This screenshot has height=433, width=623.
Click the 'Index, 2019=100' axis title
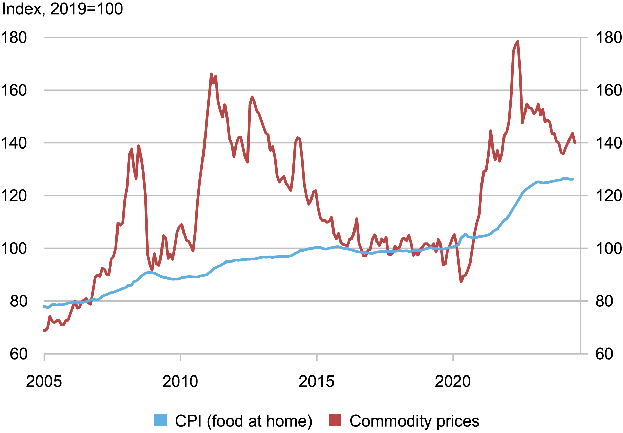click(x=62, y=9)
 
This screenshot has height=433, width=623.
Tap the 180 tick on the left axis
click(x=14, y=38)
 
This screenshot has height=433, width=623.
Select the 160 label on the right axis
click(x=608, y=90)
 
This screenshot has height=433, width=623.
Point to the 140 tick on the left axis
click(x=14, y=143)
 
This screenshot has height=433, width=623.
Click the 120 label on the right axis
click(x=608, y=196)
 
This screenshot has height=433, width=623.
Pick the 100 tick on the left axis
click(x=14, y=249)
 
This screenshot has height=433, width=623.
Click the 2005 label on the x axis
click(x=44, y=382)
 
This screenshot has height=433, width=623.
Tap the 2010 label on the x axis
click(x=180, y=382)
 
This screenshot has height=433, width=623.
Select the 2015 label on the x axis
click(x=316, y=382)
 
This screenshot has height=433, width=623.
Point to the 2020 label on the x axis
click(x=453, y=382)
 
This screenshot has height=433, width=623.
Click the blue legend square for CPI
click(x=160, y=420)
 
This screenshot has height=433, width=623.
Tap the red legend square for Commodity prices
click(x=335, y=420)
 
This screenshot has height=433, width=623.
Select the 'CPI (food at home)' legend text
click(x=243, y=421)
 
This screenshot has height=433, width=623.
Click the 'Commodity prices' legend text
click(x=414, y=421)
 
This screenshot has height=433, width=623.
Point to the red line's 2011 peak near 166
click(x=211, y=74)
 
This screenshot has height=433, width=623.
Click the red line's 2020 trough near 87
click(x=461, y=281)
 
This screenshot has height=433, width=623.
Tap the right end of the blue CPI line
click(x=573, y=179)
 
